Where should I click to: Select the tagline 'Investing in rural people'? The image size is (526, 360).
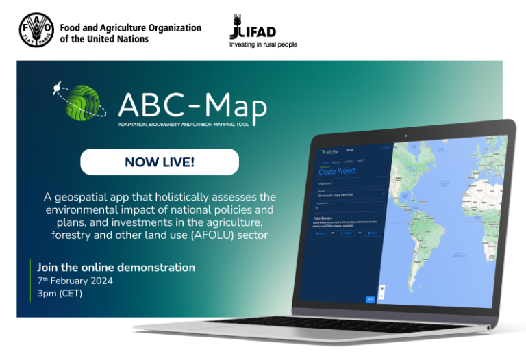[x=263, y=44]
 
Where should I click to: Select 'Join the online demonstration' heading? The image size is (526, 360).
[x=116, y=267]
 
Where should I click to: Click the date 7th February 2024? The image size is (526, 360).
[x=75, y=281]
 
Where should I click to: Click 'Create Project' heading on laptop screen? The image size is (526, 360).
[x=337, y=170]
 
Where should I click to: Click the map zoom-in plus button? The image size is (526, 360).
[x=381, y=287]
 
